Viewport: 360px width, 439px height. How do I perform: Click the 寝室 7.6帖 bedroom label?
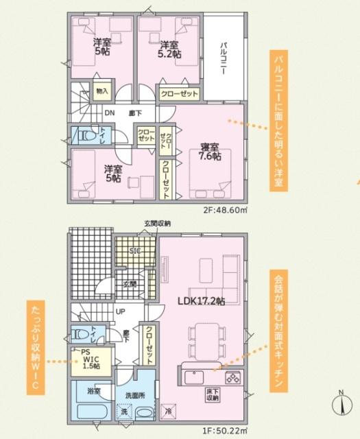point(211,152)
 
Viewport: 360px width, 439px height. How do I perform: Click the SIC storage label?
point(135,252)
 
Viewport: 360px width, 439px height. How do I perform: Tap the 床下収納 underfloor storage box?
point(212,394)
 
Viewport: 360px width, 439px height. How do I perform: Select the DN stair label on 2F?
point(110,113)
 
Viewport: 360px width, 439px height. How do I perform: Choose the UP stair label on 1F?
point(121,311)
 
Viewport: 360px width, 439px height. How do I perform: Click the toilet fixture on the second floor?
point(86,136)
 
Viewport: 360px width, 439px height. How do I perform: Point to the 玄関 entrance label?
point(130,284)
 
